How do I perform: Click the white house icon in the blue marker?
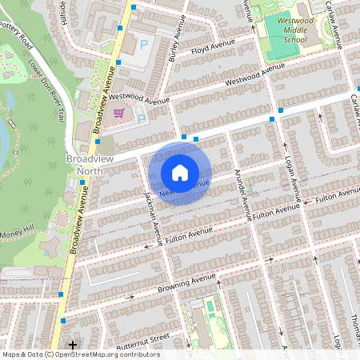tap(180, 172)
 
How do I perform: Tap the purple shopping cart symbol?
tap(119, 113)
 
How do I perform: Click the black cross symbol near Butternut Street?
tap(73, 345)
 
